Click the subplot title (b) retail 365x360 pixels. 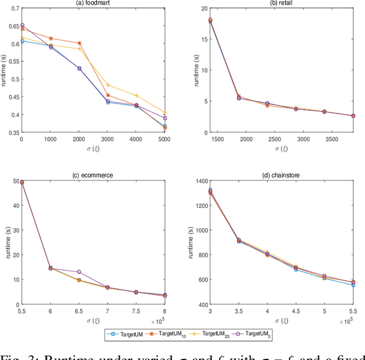click(x=282, y=3)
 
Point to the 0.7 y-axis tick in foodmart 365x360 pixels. click(x=14, y=9)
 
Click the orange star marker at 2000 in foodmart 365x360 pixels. click(x=79, y=43)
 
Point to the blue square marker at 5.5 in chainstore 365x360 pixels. click(x=353, y=285)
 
